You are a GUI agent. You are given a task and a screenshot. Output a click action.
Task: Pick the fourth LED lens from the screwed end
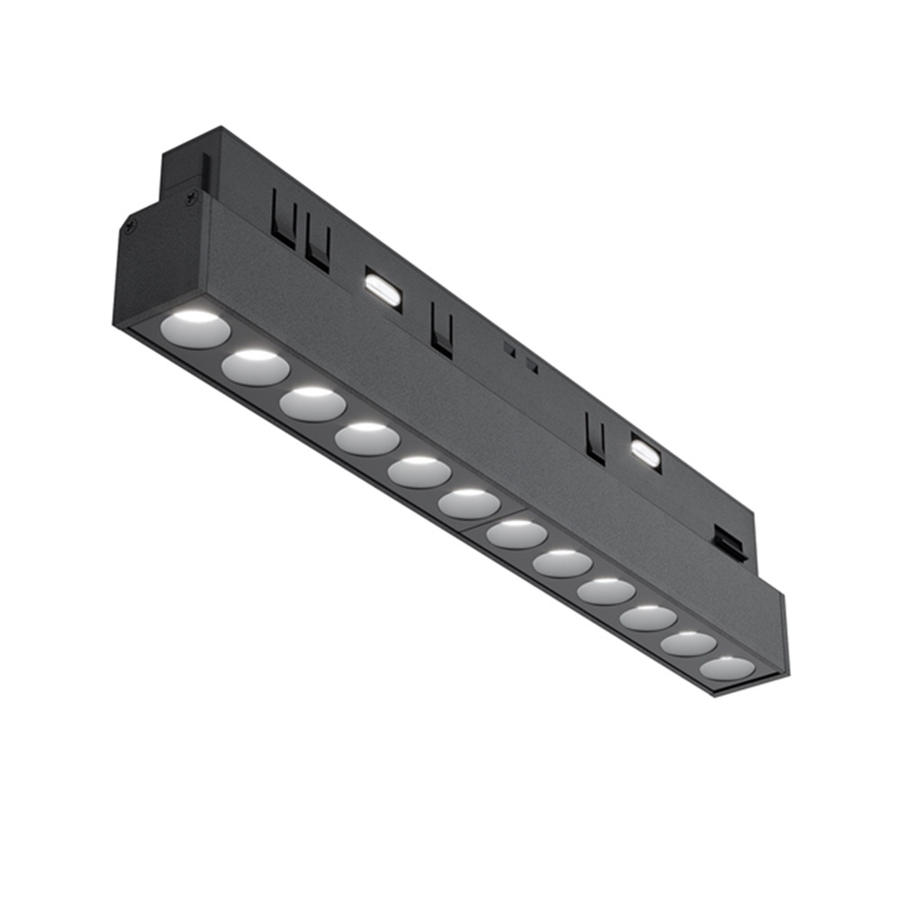pos(367,438)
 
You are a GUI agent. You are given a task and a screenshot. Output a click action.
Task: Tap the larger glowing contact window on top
pos(382,289)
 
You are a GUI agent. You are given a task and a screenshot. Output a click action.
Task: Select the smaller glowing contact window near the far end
pos(643,452)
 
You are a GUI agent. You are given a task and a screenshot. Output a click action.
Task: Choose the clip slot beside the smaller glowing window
pos(594,438)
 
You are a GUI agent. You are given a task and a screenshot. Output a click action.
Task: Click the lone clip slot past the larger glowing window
pos(441,328)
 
